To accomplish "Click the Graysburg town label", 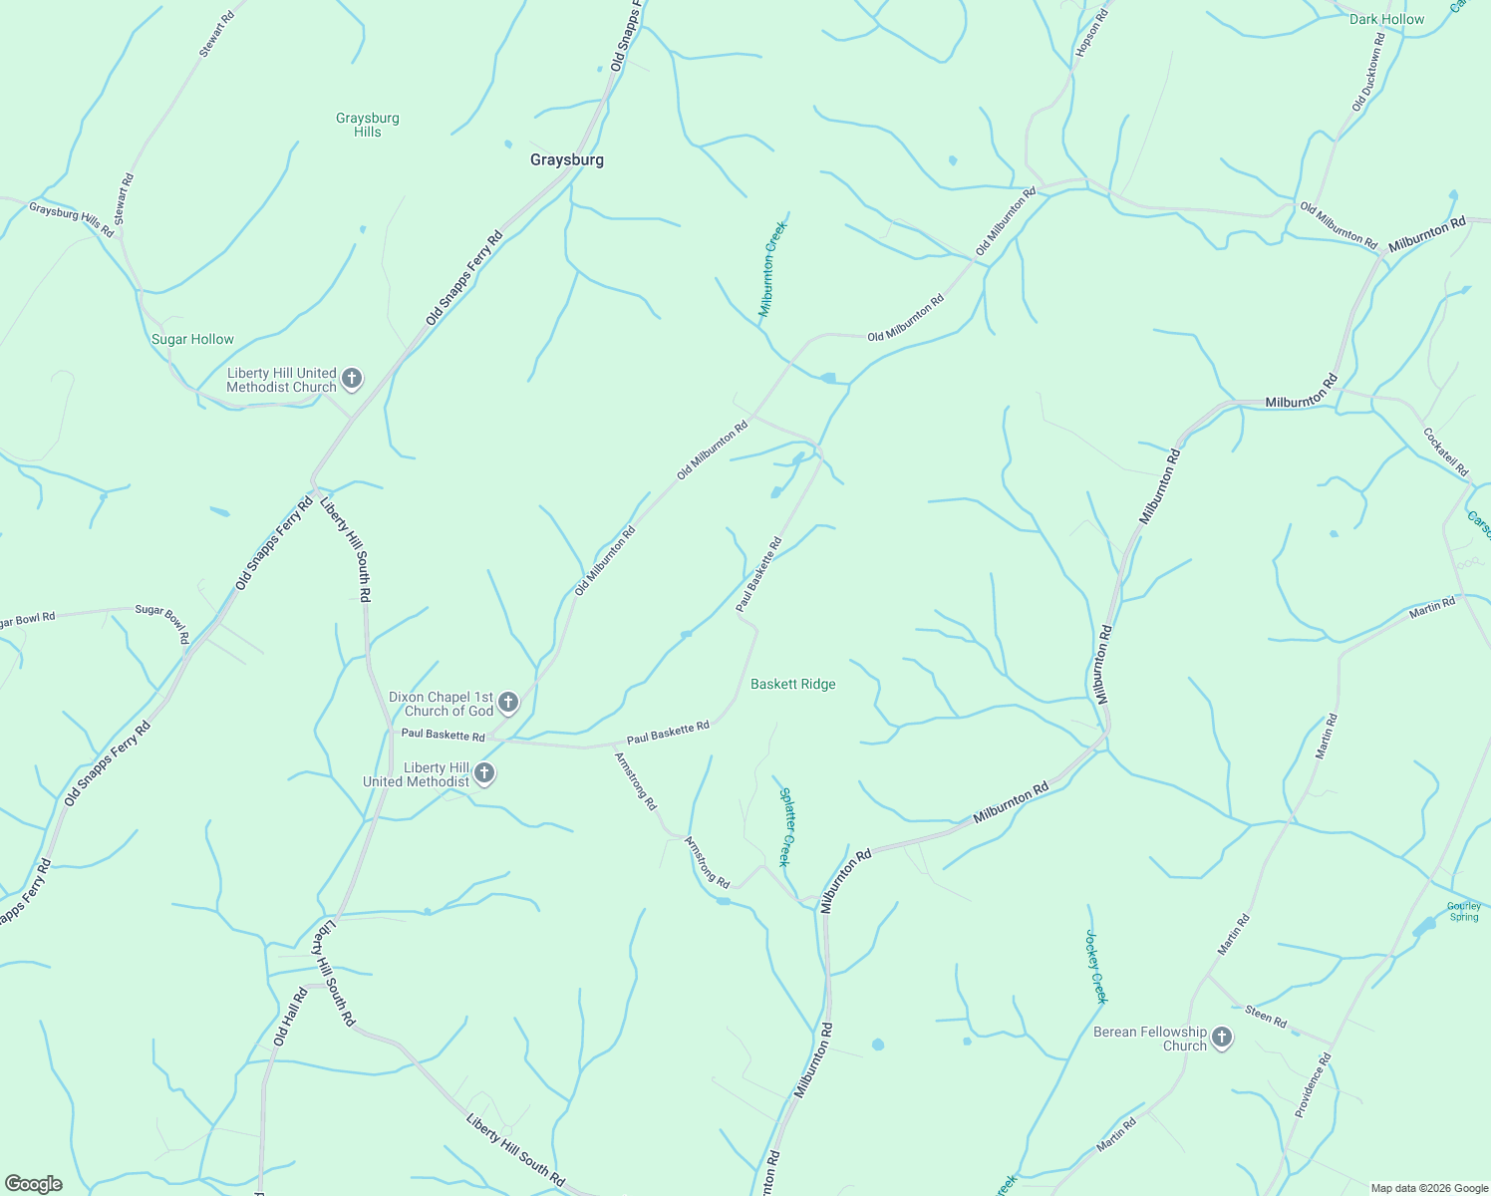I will pyautogui.click(x=566, y=159).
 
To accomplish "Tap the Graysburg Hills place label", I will pyautogui.click(x=367, y=125).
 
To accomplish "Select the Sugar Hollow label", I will pyautogui.click(x=192, y=339).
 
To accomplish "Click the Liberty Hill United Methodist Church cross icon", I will pyautogui.click(x=351, y=379).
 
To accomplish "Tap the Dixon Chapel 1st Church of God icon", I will pyautogui.click(x=507, y=703).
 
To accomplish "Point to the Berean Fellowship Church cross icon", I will pyautogui.click(x=1222, y=1039).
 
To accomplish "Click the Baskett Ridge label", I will pyautogui.click(x=792, y=684).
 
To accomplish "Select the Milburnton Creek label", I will pyautogui.click(x=772, y=269).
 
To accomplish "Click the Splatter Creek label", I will pyautogui.click(x=786, y=827).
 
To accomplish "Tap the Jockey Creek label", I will pyautogui.click(x=1096, y=967).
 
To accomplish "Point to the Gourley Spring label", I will pyautogui.click(x=1463, y=911).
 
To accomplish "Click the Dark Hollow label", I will pyautogui.click(x=1386, y=19).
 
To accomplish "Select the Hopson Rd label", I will pyautogui.click(x=1091, y=33).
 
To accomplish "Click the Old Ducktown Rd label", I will pyautogui.click(x=1368, y=72).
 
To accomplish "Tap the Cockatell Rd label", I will pyautogui.click(x=1445, y=451).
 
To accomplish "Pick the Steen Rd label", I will pyautogui.click(x=1266, y=1017).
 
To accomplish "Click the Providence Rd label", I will pyautogui.click(x=1313, y=1084).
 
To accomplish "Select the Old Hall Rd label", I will pyautogui.click(x=289, y=1018).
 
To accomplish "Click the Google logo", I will pyautogui.click(x=33, y=1184).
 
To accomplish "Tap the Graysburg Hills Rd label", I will pyautogui.click(x=71, y=220).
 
